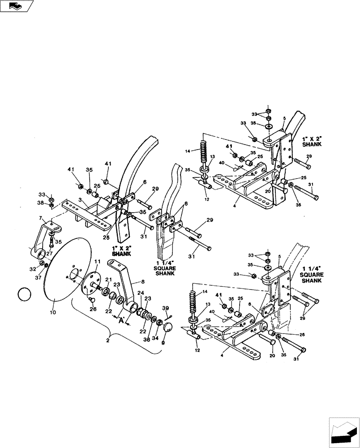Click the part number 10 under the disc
click(x=53, y=312)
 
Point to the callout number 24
click(x=140, y=293)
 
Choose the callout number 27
click(x=50, y=253)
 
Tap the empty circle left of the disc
click(x=24, y=295)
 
